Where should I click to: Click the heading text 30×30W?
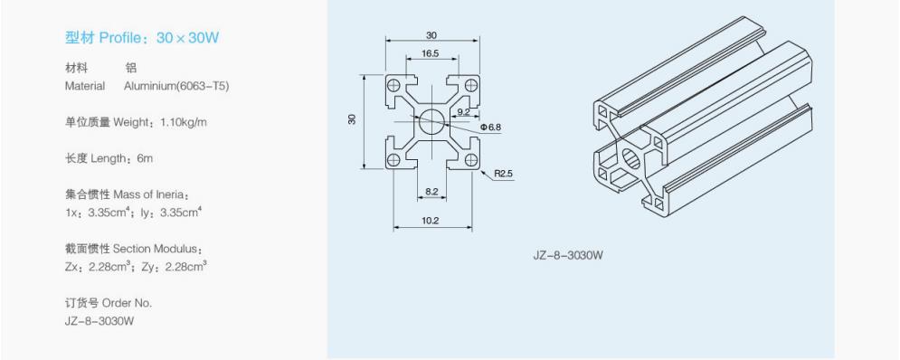pyautogui.click(x=187, y=39)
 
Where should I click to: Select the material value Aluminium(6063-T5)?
pyautogui.click(x=176, y=86)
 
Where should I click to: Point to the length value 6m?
pyautogui.click(x=146, y=158)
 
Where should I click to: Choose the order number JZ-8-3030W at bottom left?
pyautogui.click(x=99, y=321)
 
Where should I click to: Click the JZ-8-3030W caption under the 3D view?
pyautogui.click(x=568, y=255)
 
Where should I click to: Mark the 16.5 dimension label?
pyautogui.click(x=431, y=53)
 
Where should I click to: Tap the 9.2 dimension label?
pyautogui.click(x=464, y=112)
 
